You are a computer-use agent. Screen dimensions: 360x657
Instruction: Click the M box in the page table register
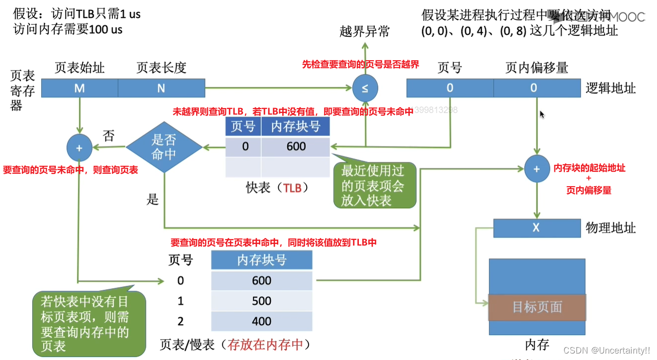click(x=79, y=88)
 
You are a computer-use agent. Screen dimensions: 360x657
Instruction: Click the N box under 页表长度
click(x=161, y=88)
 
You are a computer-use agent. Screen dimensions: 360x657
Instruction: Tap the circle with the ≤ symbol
click(x=365, y=89)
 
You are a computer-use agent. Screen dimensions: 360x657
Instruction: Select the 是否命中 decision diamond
click(x=164, y=147)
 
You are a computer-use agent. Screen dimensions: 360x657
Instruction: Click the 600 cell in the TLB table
click(x=296, y=147)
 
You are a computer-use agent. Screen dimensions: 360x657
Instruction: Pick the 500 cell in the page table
click(x=261, y=301)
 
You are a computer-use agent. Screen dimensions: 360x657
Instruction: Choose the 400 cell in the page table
click(x=261, y=322)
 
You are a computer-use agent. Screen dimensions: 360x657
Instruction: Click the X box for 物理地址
click(x=536, y=228)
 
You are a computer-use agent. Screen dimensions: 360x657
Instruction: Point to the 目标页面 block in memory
click(x=537, y=307)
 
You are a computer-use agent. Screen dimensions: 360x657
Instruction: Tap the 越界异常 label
click(x=365, y=32)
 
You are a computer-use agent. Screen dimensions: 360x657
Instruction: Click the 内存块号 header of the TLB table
click(x=295, y=126)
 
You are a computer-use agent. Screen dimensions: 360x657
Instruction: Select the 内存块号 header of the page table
click(x=261, y=260)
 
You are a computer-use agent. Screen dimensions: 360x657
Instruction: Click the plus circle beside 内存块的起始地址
click(x=537, y=169)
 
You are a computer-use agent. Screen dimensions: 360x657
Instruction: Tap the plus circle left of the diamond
click(x=79, y=147)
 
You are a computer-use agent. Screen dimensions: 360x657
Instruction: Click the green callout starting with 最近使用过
click(x=372, y=185)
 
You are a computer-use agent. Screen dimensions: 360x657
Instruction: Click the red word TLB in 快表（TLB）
click(x=293, y=188)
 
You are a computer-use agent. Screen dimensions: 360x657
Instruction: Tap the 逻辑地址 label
click(x=611, y=88)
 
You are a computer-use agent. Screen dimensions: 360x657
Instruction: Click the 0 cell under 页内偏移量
click(x=533, y=88)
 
